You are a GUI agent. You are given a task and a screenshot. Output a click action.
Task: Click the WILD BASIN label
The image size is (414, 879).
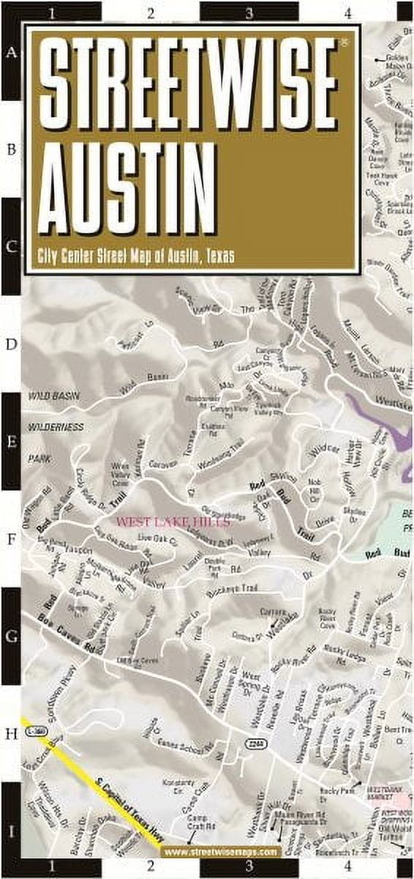click(x=53, y=395)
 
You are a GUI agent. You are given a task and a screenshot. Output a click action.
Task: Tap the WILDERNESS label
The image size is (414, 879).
click(x=56, y=426)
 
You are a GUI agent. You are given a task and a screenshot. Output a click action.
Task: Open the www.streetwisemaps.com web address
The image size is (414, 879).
click(x=221, y=852)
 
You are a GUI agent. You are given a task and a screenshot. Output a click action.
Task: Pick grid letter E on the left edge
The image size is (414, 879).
click(x=11, y=441)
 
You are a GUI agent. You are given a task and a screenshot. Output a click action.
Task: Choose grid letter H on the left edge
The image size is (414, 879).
click(x=11, y=733)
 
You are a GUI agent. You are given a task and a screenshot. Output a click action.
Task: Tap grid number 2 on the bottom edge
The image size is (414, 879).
click(x=150, y=867)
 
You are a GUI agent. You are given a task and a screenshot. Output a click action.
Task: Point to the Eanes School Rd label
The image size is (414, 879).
click(x=188, y=746)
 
